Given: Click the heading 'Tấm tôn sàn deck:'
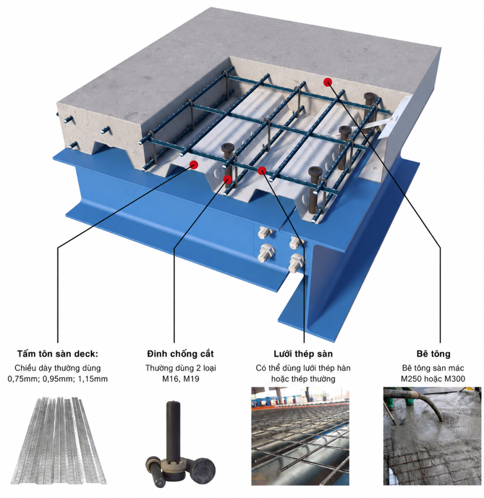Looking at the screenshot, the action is (58, 354).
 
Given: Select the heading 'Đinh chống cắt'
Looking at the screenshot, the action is (180, 354).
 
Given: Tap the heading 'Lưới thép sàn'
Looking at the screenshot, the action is (303, 354).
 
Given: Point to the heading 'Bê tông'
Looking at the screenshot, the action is (433, 354).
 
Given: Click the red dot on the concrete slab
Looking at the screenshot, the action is (328, 82).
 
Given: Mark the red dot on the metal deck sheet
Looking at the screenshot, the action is (194, 164).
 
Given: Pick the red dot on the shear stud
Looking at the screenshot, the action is (227, 179).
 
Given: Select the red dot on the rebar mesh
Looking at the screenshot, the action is (261, 171).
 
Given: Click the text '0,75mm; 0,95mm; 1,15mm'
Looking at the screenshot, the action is (58, 379).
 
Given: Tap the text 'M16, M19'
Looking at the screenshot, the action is (181, 379).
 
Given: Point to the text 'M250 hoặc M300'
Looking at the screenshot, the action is (433, 379).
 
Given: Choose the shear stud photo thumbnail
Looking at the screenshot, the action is (180, 445).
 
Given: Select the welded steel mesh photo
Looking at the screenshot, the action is (300, 436).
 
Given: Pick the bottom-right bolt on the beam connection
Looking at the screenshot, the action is (296, 263).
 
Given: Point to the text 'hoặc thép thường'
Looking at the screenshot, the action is (303, 379).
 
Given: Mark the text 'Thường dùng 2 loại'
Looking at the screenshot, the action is (181, 368).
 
